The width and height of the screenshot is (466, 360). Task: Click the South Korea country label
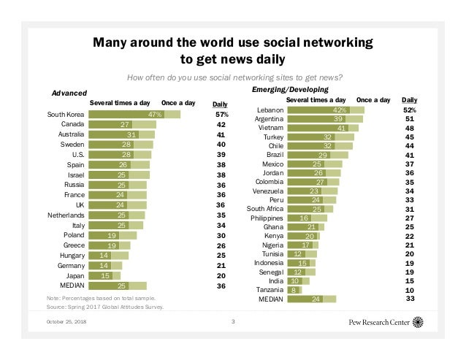click(64, 115)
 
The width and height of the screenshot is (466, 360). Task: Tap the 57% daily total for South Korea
click(222, 115)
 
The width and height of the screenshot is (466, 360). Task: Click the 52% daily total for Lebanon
click(410, 110)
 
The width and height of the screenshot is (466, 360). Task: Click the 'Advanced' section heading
click(69, 93)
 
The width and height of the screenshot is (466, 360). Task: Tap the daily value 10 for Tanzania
click(410, 289)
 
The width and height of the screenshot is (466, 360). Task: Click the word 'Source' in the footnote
click(56, 307)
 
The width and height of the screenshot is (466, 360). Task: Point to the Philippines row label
click(266, 218)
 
